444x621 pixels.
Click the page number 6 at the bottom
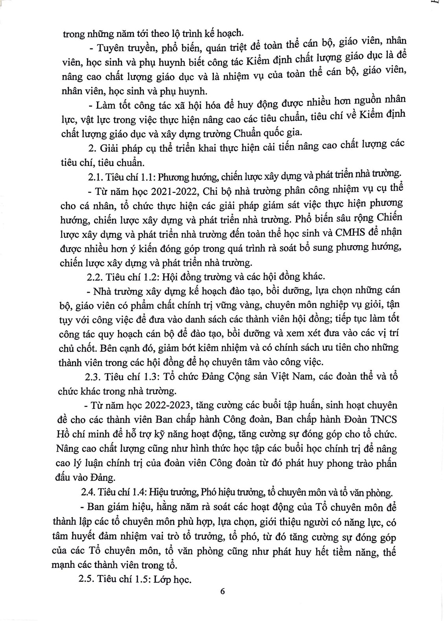[x=222, y=592]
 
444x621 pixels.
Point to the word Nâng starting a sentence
[x=68, y=448]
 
